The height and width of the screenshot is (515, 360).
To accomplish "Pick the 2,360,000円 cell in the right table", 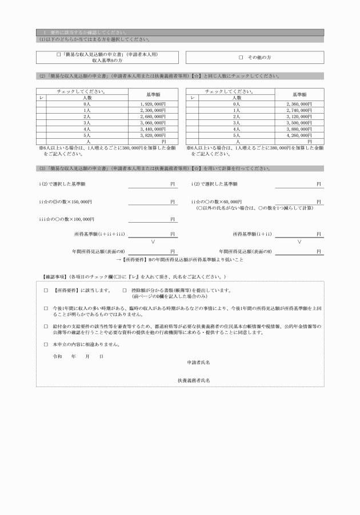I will (x=299, y=104).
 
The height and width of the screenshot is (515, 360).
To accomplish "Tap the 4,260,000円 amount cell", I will (x=299, y=135).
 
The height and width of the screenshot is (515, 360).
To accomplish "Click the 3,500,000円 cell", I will (x=299, y=123).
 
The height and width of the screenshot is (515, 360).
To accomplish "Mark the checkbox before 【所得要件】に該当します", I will (x=46, y=291).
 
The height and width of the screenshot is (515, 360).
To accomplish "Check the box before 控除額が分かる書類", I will (x=125, y=291).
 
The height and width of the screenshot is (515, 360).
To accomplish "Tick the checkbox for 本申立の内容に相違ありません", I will (x=46, y=345).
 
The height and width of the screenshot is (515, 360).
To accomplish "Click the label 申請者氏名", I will (x=198, y=363).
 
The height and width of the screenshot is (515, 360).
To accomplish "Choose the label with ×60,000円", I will (x=219, y=202).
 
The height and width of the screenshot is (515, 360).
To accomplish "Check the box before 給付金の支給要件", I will (x=46, y=326).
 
